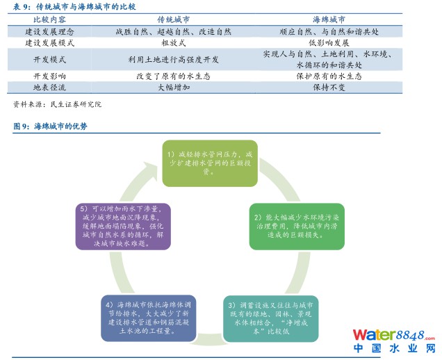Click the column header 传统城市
tap(173, 19)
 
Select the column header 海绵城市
tap(329, 19)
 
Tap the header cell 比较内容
tap(49, 19)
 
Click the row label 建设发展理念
tap(49, 31)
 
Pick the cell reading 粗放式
tap(173, 43)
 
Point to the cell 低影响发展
tap(329, 43)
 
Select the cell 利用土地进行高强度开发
tap(173, 60)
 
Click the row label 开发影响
tap(49, 76)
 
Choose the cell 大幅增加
tap(173, 88)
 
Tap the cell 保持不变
tap(329, 88)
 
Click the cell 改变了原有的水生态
tap(173, 76)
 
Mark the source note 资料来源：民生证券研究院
tap(57, 104)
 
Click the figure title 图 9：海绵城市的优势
tap(50, 126)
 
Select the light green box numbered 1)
tap(210, 163)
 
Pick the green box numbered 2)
tap(297, 227)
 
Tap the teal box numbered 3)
tap(270, 318)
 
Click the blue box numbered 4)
tap(149, 318)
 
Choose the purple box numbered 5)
tap(123, 227)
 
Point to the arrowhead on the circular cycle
tap(150, 170)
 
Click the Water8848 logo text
tap(394, 335)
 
